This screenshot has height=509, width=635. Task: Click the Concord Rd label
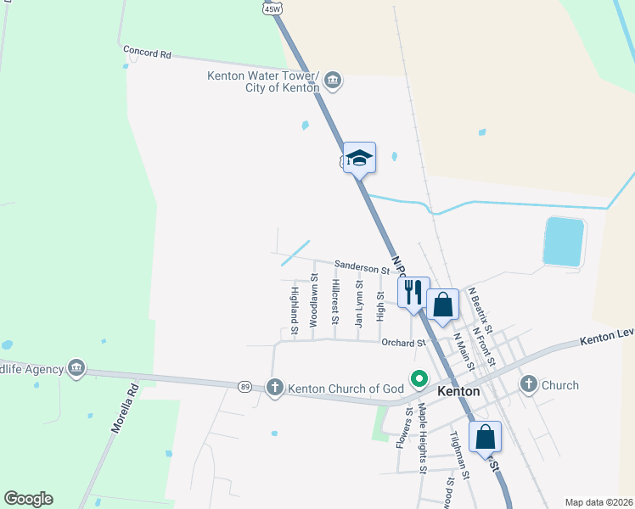pos(147,52)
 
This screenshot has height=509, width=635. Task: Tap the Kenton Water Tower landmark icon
pos(333,81)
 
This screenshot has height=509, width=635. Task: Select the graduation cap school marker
pos(359,158)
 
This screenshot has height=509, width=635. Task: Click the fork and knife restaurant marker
pos(413,292)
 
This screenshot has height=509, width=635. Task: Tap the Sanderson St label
pos(361,267)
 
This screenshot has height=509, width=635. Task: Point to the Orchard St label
pos(402,343)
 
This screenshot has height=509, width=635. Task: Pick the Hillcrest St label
pos(336,302)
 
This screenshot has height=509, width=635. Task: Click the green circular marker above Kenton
pos(418,378)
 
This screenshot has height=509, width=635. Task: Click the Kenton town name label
pos(458,392)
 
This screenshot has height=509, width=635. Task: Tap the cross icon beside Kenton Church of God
pos(274,388)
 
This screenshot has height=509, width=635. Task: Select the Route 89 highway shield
pos(244,385)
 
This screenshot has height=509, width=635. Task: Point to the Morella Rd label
pos(124,411)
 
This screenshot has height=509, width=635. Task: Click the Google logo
pos(28,499)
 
